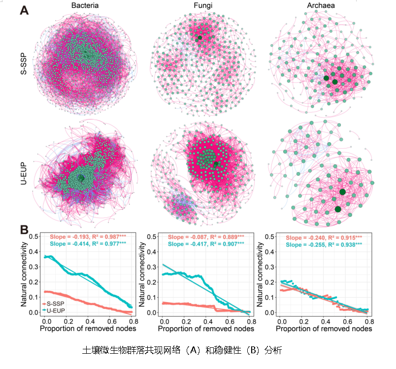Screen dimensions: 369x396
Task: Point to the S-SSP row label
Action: pos(22,65)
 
